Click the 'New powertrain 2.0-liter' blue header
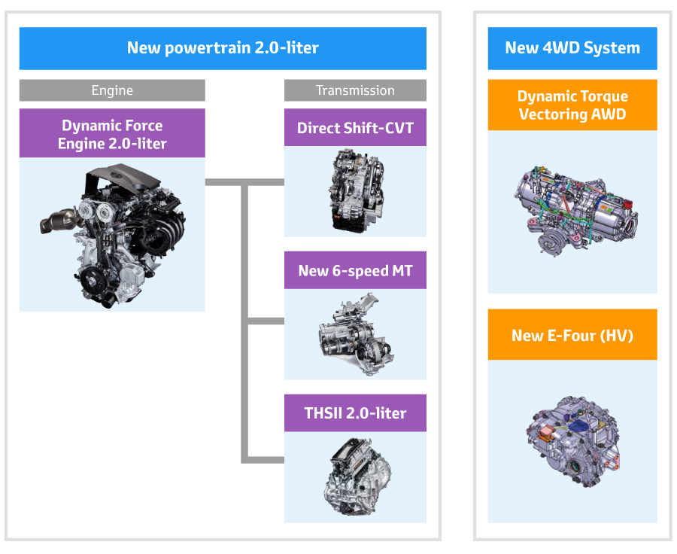(223, 48)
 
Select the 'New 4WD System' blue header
(572, 48)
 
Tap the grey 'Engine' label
(112, 90)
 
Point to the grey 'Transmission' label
(355, 90)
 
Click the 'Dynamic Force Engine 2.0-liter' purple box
(112, 133)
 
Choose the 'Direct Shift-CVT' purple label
(355, 127)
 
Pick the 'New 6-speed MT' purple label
(355, 270)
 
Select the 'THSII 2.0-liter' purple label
(355, 412)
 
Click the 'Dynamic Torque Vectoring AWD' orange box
(572, 105)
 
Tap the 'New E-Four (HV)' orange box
(572, 334)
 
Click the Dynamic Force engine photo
(113, 236)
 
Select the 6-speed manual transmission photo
(356, 334)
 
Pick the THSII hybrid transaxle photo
(357, 476)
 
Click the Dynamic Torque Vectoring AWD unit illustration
(576, 210)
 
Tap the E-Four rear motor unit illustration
(573, 442)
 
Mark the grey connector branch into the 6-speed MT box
(266, 321)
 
